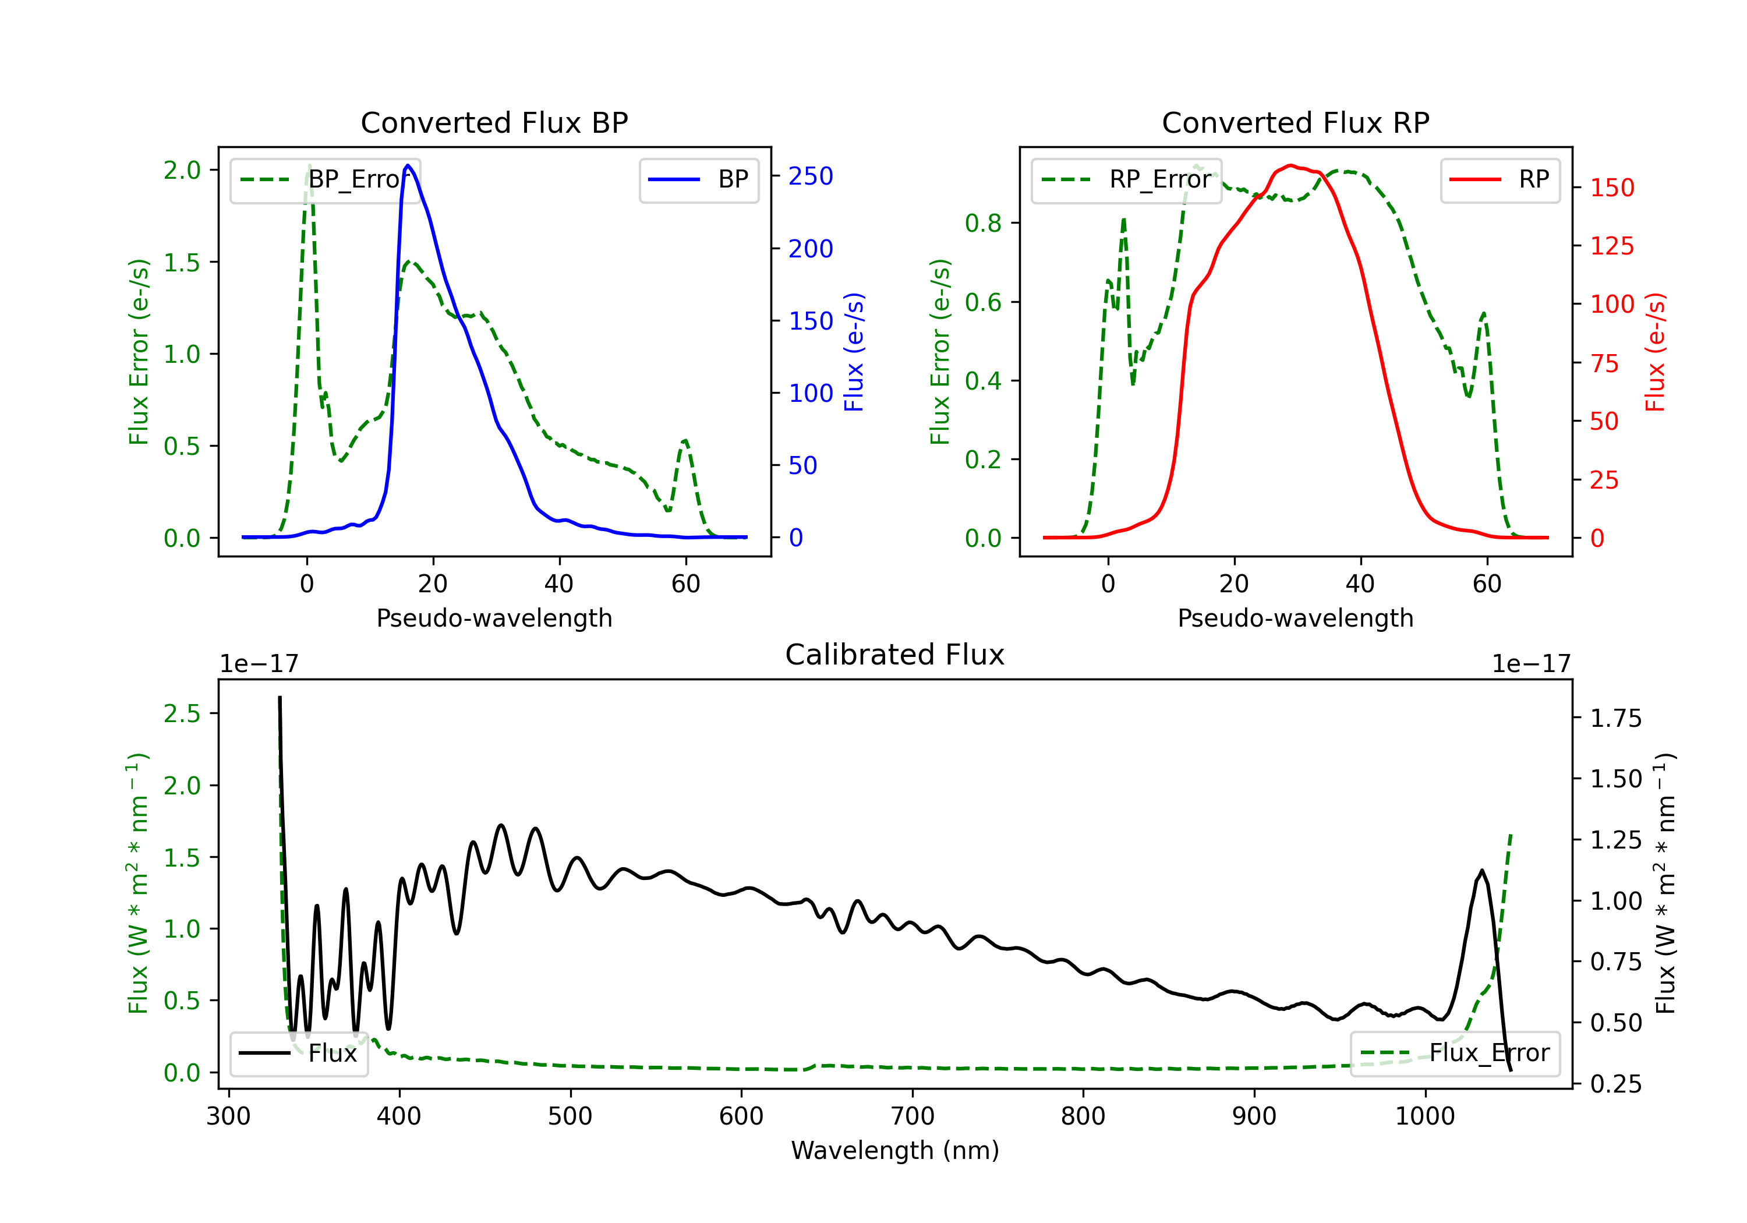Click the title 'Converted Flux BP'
click(494, 122)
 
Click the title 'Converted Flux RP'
click(1295, 122)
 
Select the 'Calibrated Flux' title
click(895, 655)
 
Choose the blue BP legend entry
click(698, 179)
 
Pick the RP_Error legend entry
click(1126, 179)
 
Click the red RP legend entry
click(1500, 179)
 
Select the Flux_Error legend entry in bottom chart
click(1455, 1054)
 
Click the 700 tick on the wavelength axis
click(913, 1116)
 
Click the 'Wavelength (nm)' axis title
click(895, 1151)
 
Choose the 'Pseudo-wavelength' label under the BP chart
click(494, 618)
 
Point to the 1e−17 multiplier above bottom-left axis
click(259, 664)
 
